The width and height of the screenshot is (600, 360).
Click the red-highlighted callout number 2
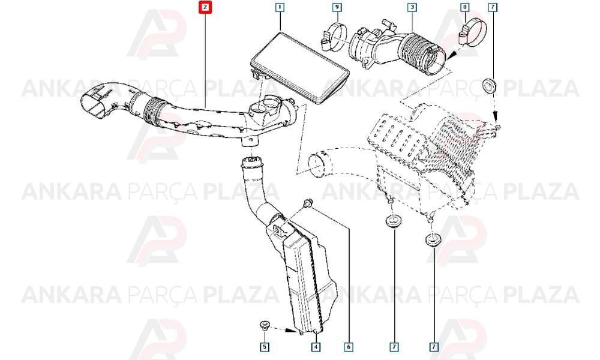tap(205, 7)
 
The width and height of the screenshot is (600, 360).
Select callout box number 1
tap(280, 7)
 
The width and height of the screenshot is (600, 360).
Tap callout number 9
tap(337, 7)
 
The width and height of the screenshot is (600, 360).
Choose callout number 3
tap(412, 7)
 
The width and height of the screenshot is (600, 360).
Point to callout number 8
tap(465, 7)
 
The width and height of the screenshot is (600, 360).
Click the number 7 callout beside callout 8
tap(493, 7)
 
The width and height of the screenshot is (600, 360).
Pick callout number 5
tap(265, 347)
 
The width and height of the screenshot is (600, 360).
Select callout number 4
tap(316, 347)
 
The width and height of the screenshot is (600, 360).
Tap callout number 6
tap(349, 347)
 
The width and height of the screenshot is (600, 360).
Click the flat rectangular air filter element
tap(300, 68)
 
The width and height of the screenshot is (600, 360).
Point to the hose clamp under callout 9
tap(334, 37)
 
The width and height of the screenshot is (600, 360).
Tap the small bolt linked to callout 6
tap(307, 204)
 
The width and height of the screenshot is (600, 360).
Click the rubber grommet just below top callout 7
tap(490, 85)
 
